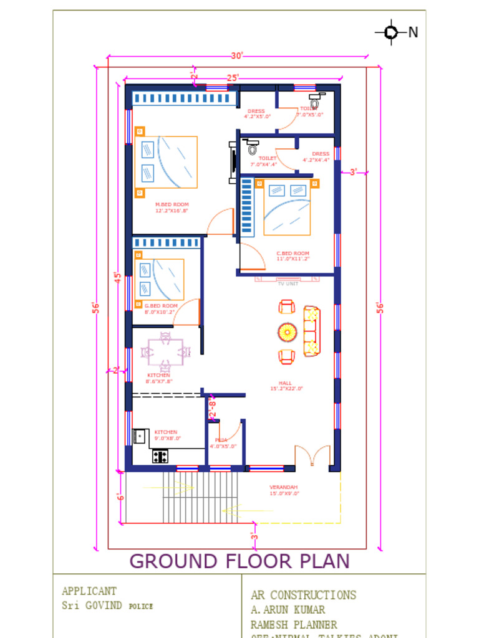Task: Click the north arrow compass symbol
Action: (x=391, y=32)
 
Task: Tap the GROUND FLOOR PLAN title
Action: (x=239, y=561)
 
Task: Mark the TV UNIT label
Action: (x=288, y=283)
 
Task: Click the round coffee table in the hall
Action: (x=287, y=332)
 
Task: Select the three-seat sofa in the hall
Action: (x=311, y=331)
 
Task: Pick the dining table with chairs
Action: (x=165, y=352)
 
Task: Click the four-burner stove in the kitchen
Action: (x=160, y=456)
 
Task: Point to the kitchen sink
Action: (x=140, y=436)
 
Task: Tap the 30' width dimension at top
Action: (x=236, y=56)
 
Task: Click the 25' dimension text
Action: (x=233, y=78)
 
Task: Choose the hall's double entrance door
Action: (x=312, y=456)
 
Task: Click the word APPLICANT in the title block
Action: (x=89, y=591)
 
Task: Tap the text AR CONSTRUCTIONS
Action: (x=303, y=595)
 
